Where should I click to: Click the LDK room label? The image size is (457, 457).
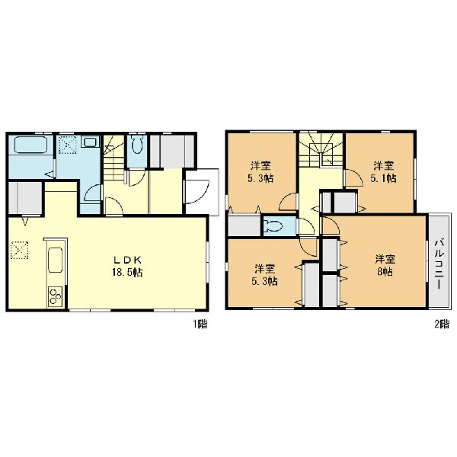point(127,260)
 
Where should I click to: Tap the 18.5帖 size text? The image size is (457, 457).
point(127,273)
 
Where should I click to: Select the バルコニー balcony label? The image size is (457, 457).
point(439,264)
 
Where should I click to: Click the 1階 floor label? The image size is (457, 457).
point(200,324)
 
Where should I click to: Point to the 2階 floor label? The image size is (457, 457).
point(442,324)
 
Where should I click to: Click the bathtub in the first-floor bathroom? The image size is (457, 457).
point(30,145)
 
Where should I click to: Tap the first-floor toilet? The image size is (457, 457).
point(136,144)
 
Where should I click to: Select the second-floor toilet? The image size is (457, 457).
point(273,226)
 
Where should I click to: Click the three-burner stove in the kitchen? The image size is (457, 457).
point(55,297)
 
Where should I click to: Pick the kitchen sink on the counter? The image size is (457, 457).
point(55,260)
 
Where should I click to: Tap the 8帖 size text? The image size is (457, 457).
point(385,272)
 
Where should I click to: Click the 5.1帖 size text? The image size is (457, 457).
point(384,178)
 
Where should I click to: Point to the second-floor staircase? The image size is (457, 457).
point(321,150)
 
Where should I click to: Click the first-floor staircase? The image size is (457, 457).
point(114,158)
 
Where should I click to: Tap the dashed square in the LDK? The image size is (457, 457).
point(19,250)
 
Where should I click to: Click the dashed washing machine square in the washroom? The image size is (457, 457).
point(68,145)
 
